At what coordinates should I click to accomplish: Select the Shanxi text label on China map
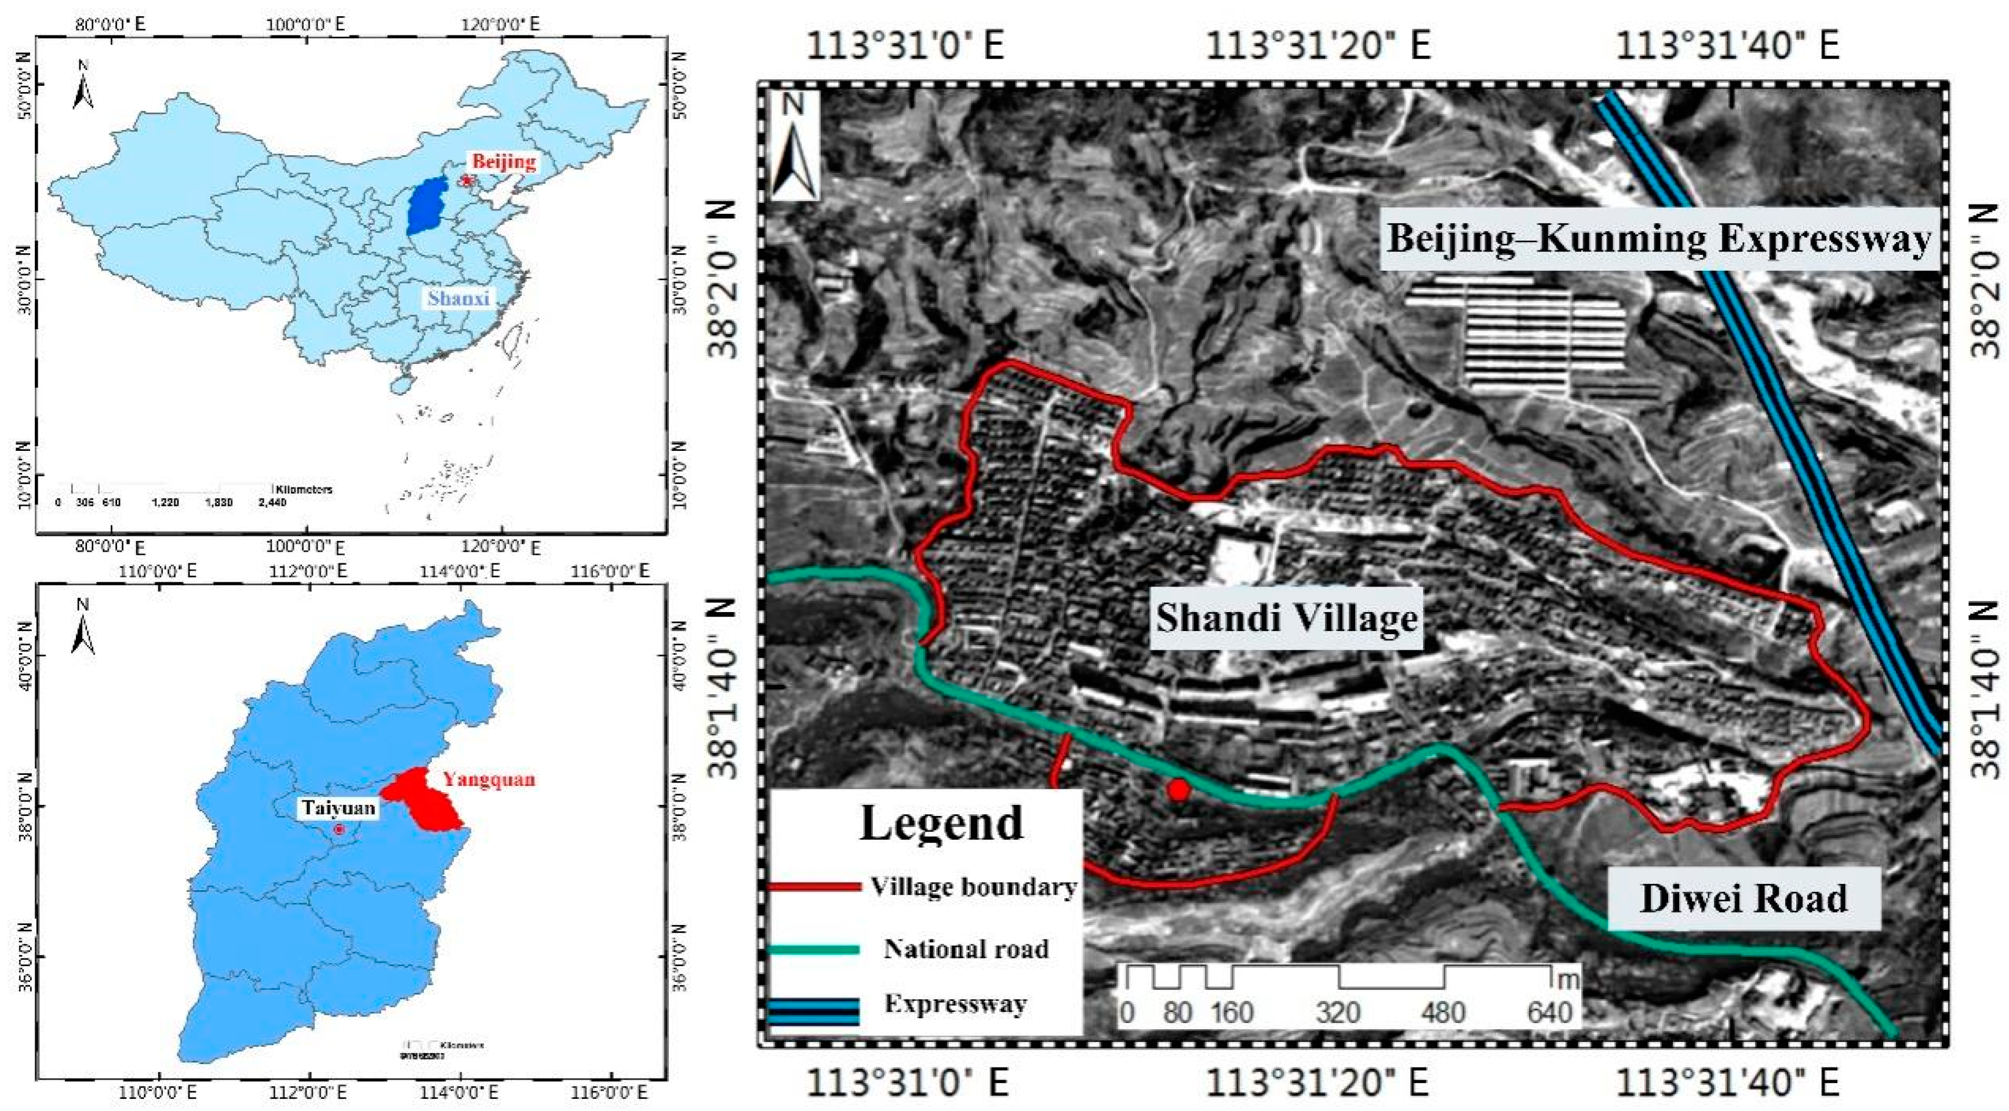(x=458, y=298)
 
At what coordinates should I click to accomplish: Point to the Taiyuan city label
(x=339, y=808)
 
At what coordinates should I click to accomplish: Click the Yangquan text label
(x=489, y=779)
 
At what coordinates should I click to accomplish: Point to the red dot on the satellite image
(x=1178, y=790)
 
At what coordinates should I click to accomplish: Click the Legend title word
(x=941, y=822)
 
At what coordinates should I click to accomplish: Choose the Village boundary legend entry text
(x=974, y=887)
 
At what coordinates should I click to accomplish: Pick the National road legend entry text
(x=966, y=948)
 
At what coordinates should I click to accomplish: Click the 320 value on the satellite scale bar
(x=1338, y=1012)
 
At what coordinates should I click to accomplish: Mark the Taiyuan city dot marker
(x=339, y=829)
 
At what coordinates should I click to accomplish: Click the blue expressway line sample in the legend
(x=813, y=1012)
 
